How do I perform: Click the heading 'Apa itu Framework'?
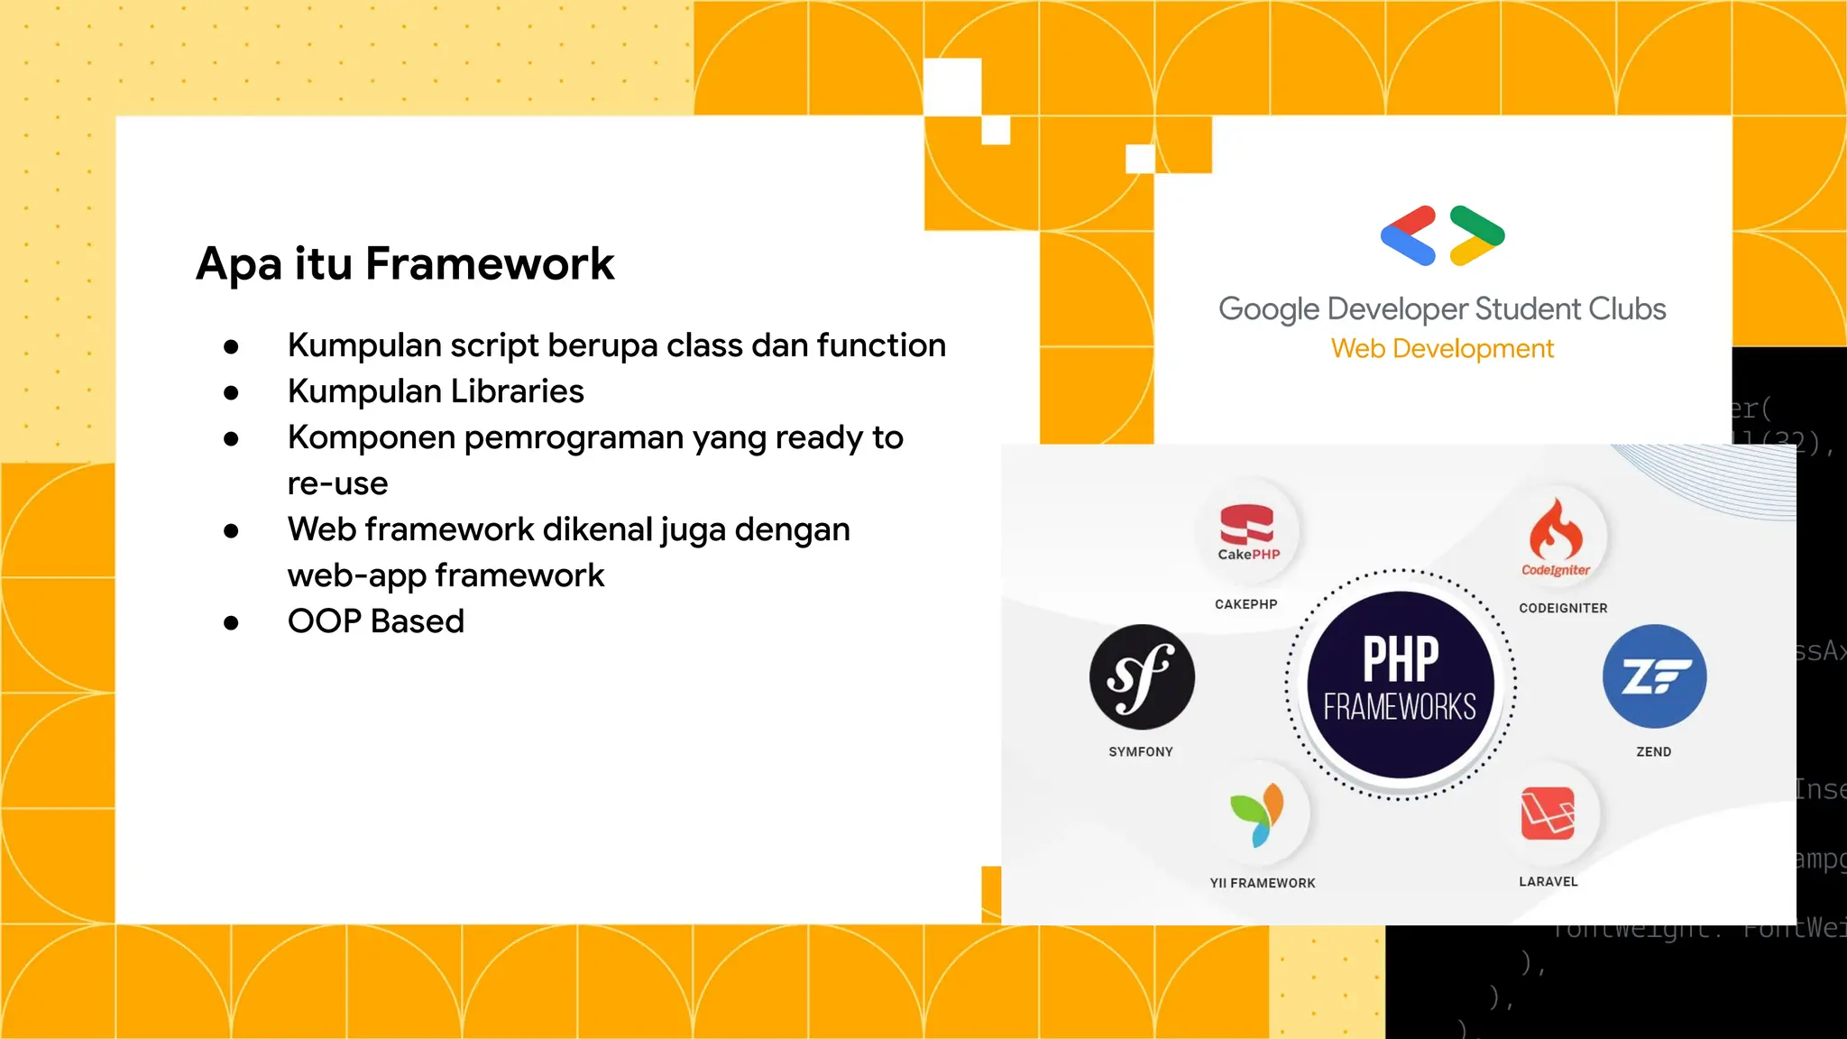point(405,264)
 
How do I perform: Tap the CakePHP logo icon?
point(1247,531)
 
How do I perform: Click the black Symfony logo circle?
point(1142,676)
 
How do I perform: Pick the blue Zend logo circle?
point(1654,676)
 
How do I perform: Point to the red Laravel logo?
point(1548,814)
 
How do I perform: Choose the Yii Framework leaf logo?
point(1257,814)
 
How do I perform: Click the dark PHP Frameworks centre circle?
point(1400,685)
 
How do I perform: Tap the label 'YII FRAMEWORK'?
point(1263,883)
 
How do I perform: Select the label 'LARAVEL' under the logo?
point(1548,881)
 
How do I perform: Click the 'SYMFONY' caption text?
point(1141,751)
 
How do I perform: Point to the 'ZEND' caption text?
point(1654,751)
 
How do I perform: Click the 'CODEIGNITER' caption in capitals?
point(1563,608)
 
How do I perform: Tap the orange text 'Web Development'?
point(1442,349)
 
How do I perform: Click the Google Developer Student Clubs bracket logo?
point(1442,235)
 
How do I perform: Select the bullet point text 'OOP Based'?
point(375,621)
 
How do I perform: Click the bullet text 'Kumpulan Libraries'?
point(436,391)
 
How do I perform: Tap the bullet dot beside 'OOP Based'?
point(231,622)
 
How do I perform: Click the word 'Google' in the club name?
point(1269,309)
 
